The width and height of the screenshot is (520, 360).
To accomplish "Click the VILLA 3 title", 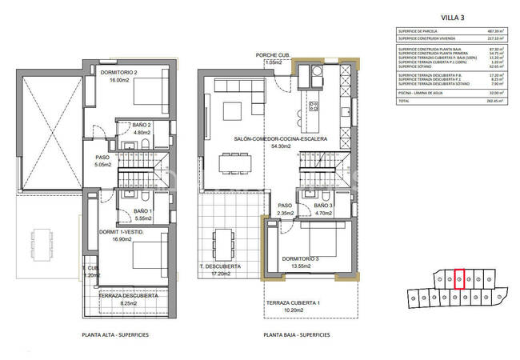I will tap(455, 16).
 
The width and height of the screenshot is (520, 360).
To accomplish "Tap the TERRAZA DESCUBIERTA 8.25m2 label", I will tap(127, 296).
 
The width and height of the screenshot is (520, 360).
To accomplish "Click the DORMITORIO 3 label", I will tap(300, 258).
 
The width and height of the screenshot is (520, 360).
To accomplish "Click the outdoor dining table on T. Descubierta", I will tap(222, 238).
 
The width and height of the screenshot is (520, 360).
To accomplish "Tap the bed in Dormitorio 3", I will tap(324, 240).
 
